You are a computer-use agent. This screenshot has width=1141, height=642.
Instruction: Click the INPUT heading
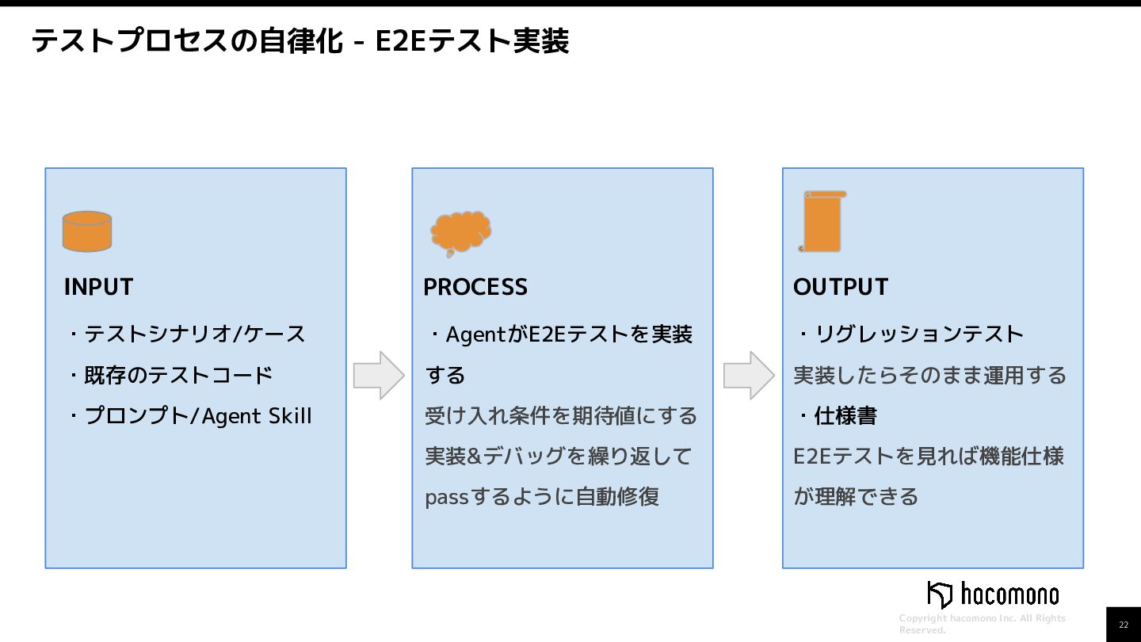coord(98,287)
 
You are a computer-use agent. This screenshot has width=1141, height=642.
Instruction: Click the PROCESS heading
coord(475,287)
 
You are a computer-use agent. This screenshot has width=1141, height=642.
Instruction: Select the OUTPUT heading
coord(841,287)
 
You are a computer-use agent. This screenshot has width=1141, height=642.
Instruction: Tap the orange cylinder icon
coord(87,231)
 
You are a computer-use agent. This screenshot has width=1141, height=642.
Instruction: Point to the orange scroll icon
coord(822,222)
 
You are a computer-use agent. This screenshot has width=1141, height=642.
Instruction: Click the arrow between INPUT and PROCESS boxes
coord(379,375)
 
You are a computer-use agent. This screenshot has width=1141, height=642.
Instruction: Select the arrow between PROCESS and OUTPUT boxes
coord(749,375)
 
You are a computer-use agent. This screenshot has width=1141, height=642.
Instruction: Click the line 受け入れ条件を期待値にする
coord(561,416)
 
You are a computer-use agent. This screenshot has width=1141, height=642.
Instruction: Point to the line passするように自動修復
coord(542,497)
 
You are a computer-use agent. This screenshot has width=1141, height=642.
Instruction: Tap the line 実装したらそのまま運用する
coord(930,375)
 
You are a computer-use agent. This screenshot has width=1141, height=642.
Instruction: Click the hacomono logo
coord(993,594)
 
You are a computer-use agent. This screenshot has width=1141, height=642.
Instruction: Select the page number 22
coord(1124,625)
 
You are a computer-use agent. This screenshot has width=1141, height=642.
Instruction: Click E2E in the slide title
coord(400,41)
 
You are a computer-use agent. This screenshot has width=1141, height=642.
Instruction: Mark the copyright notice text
coord(983,624)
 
